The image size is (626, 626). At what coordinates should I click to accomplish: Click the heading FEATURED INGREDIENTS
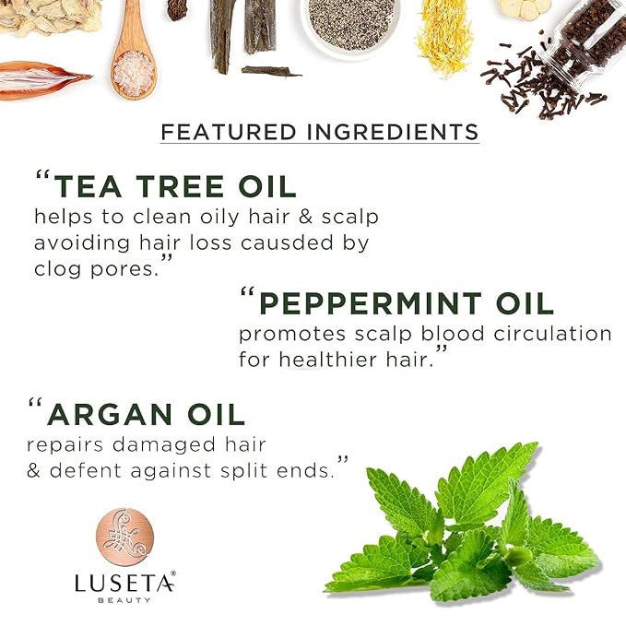tap(320, 132)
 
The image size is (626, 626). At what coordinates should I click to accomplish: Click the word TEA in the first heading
tap(88, 186)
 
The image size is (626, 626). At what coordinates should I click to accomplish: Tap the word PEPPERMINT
tap(371, 303)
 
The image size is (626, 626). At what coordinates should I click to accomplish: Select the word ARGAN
tap(110, 414)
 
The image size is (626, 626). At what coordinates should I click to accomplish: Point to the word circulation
tap(552, 334)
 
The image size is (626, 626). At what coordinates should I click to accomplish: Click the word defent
tap(86, 470)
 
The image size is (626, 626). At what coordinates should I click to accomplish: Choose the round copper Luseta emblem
tap(125, 537)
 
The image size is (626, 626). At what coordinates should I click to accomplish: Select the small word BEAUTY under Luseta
tap(124, 600)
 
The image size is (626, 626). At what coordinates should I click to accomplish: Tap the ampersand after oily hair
tap(305, 217)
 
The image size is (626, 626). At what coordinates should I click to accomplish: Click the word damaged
tap(164, 445)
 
